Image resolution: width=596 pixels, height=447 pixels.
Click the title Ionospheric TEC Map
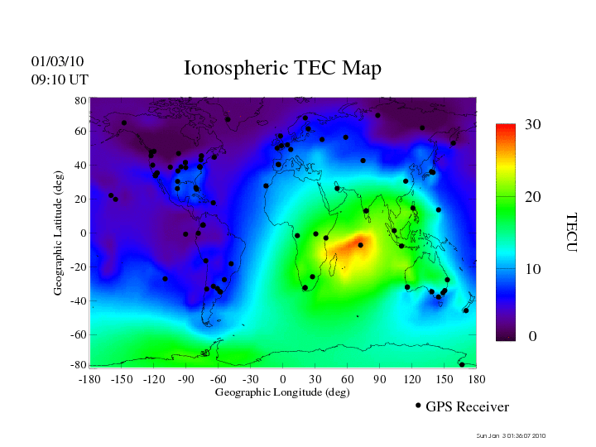282,68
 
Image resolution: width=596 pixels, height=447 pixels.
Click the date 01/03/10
57,61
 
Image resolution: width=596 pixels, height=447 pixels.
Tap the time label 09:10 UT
59,79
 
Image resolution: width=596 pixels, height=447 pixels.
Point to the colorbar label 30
532,124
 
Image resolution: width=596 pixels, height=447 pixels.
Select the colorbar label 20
532,199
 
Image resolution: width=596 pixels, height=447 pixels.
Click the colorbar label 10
532,270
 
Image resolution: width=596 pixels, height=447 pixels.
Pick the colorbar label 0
532,337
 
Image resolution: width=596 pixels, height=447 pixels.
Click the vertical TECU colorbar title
570,232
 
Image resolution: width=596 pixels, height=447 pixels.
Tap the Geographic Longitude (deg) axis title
282,392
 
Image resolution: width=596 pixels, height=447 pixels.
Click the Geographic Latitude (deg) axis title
59,238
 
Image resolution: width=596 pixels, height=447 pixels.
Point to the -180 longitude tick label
89,378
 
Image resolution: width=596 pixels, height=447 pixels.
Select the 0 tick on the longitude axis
283,378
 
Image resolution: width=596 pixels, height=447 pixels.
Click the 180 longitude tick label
477,378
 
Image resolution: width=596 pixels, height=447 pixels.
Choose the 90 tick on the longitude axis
380,378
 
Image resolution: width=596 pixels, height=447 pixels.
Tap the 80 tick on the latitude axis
80,100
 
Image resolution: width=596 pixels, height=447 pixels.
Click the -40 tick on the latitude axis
78,300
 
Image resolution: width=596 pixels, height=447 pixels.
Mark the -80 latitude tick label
78,365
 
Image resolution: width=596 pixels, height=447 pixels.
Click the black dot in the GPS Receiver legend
418,405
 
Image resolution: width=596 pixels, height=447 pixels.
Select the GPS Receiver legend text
467,406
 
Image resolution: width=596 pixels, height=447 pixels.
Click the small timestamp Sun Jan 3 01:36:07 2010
511,435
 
